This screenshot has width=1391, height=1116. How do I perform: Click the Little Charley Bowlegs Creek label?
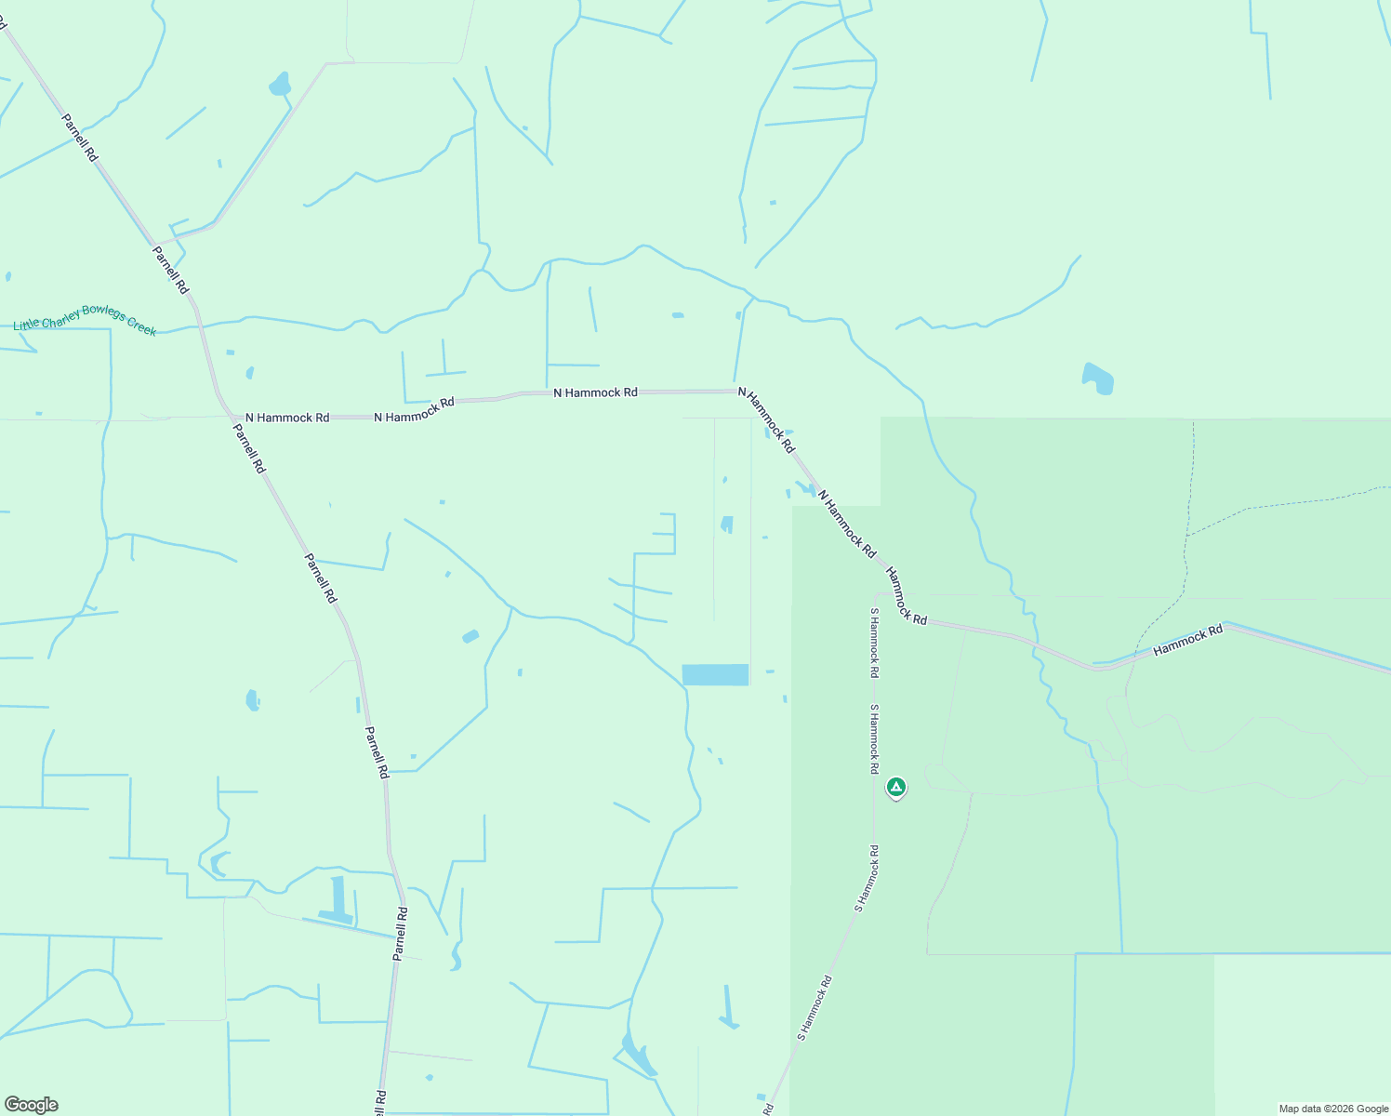(86, 318)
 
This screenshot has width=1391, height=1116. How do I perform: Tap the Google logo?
(31, 1105)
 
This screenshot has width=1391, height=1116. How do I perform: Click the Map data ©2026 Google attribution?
(1333, 1109)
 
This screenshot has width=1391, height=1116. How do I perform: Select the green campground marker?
(895, 788)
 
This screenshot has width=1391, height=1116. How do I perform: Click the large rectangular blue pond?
(715, 674)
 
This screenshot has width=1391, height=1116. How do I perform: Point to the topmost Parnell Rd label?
(79, 138)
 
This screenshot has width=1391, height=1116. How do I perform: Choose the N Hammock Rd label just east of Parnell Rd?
(287, 418)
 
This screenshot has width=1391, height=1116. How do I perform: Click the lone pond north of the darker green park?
(1098, 379)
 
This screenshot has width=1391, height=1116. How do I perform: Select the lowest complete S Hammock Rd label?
(814, 1007)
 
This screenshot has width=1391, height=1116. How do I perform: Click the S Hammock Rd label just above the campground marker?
(874, 739)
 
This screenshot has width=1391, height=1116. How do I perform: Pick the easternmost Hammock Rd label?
(1187, 642)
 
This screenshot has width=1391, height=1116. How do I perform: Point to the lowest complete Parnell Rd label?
(400, 933)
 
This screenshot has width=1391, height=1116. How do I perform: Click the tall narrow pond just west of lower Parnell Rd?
(337, 897)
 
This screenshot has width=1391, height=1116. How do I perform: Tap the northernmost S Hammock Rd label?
(874, 642)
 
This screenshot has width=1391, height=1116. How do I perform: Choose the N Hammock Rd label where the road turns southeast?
(767, 419)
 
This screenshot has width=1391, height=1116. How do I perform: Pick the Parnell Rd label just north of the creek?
(171, 270)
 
